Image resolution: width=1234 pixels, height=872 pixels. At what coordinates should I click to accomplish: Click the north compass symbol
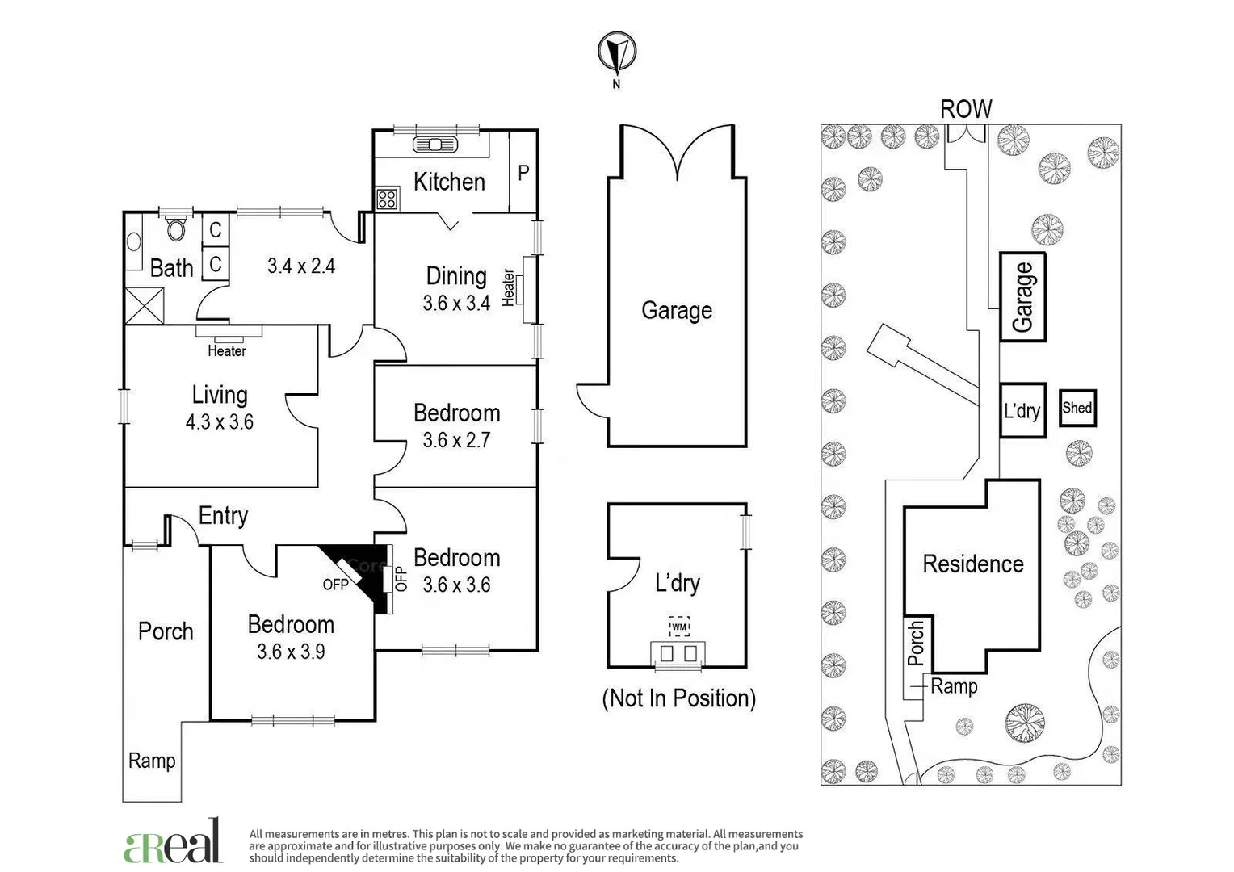click(x=616, y=52)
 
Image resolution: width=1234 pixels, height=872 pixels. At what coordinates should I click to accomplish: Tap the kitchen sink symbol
click(x=435, y=145)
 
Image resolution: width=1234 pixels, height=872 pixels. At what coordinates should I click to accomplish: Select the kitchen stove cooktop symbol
click(x=387, y=198)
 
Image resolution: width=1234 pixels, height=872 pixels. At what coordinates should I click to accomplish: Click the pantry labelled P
click(x=523, y=172)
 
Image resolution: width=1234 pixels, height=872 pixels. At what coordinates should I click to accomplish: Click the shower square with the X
click(x=144, y=305)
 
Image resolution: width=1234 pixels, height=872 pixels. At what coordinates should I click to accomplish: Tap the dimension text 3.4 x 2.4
click(x=300, y=266)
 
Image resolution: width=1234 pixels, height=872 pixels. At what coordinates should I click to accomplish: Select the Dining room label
click(x=455, y=276)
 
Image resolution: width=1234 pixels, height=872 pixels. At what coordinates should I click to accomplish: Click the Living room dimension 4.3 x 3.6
click(x=219, y=421)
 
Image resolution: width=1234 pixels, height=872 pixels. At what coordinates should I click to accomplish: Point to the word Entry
click(x=223, y=516)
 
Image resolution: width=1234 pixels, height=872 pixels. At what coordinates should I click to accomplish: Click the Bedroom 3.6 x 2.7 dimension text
click(x=456, y=440)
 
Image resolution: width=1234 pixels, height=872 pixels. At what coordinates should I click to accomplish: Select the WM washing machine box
click(x=678, y=626)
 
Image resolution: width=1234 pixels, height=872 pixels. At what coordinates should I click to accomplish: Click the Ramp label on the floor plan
click(x=152, y=761)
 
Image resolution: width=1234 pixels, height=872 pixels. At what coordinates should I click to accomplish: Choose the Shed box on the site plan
click(x=1077, y=409)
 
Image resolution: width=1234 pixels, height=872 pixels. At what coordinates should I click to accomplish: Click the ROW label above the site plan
click(x=965, y=109)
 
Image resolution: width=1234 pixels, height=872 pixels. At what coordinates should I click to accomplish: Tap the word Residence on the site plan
click(x=972, y=564)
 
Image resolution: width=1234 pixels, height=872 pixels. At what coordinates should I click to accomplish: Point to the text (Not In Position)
click(x=678, y=698)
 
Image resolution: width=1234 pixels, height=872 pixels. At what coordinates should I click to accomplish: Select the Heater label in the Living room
click(x=226, y=350)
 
